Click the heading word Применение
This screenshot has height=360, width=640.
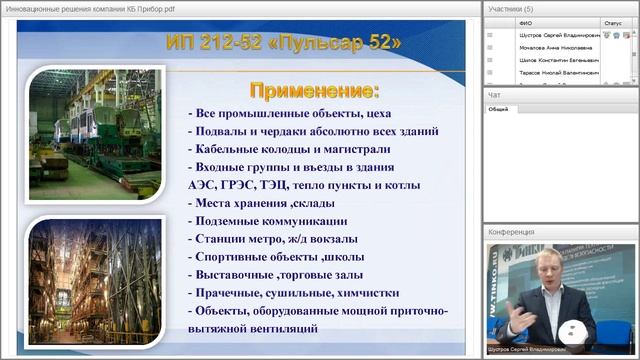tap(313, 91)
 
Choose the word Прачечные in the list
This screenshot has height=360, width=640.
tap(233, 293)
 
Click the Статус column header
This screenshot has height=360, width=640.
tap(613, 21)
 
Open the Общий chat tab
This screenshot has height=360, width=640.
tap(498, 109)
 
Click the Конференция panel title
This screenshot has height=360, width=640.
tap(511, 232)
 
